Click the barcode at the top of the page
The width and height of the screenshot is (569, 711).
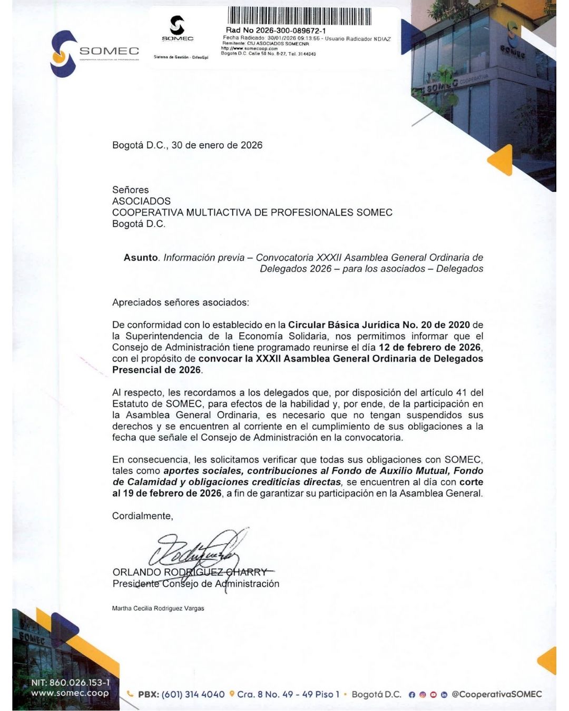click(x=300, y=16)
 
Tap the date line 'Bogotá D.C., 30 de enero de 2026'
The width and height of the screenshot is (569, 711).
click(x=187, y=145)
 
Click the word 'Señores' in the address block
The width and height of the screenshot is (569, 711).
click(x=130, y=190)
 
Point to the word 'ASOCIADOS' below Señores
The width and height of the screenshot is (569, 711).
click(x=141, y=201)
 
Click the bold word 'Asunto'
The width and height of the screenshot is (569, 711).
click(x=141, y=258)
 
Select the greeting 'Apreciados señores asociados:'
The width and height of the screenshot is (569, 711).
click(x=180, y=302)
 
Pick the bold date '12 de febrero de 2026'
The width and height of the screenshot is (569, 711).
click(x=429, y=348)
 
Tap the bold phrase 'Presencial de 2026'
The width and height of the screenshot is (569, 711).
click(x=156, y=370)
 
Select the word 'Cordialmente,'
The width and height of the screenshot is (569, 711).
click(x=142, y=516)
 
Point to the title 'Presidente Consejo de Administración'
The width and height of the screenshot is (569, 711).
click(x=195, y=584)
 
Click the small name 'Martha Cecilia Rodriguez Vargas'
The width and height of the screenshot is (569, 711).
click(x=158, y=608)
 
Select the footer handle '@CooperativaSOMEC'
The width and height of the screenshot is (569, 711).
click(x=497, y=695)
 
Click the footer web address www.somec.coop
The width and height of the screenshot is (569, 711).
click(x=70, y=694)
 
